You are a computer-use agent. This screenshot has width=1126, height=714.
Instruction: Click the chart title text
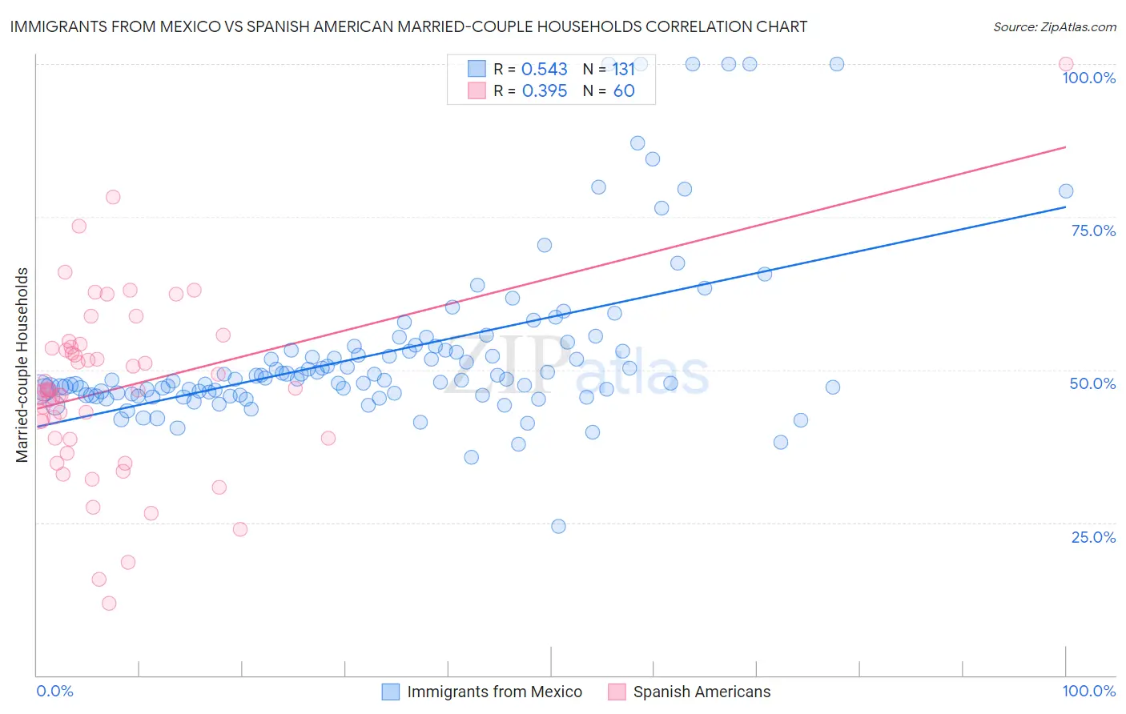coord(408,26)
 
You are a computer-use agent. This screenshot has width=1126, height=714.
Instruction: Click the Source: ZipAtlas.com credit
coord(1054,26)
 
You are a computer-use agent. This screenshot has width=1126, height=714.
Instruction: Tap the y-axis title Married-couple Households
coord(22,365)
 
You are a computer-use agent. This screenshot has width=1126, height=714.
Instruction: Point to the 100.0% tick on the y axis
coord(1088,78)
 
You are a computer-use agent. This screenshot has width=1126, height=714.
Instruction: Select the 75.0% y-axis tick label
coord(1093,231)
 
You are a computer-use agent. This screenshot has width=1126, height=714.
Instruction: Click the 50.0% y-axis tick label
coord(1092,383)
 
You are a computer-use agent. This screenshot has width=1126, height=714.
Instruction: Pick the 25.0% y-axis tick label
coord(1093,536)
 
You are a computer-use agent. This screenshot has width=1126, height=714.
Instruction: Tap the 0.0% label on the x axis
coord(54,691)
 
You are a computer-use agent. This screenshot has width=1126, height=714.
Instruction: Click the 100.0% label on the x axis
coord(1088,691)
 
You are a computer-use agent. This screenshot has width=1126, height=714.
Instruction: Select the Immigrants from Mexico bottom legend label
coord(494,692)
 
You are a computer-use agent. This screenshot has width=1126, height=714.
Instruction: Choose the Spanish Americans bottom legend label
coord(702,692)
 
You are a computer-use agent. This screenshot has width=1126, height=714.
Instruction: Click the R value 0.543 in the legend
coord(544,70)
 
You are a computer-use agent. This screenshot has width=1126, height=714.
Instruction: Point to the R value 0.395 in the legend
coord(544,91)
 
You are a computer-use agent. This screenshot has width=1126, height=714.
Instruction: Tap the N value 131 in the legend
coord(623,70)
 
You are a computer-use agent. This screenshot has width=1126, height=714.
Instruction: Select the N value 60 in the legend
coord(623,91)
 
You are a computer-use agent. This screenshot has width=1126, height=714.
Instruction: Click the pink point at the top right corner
coord(1065,64)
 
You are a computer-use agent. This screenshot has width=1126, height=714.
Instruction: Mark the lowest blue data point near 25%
coord(558,526)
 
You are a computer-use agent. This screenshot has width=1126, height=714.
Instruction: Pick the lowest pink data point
coord(109,603)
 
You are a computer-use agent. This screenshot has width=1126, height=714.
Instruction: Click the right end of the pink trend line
coord(1065,147)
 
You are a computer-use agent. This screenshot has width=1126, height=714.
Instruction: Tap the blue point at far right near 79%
coord(1065,191)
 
